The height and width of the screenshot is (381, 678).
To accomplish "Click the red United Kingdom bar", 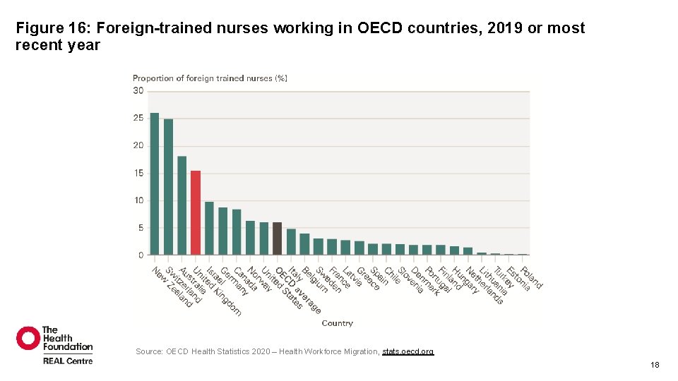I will coord(196,212).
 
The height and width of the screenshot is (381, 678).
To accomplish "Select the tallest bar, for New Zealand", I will coord(155,183).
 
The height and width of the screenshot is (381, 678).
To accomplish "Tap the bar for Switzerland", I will coord(168,187).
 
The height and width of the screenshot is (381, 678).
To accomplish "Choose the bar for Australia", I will coord(182,205).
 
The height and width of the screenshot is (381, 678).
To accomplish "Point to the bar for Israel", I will coord(209,228).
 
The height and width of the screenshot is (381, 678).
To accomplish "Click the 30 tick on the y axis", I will coord(138,91).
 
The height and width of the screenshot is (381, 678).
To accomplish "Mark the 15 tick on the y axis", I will coord(138,173).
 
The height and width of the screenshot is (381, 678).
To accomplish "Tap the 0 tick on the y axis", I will coord(141,255).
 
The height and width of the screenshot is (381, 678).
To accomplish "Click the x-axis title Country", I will coord(337,323).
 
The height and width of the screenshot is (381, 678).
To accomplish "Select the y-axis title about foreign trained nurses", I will coord(210,78).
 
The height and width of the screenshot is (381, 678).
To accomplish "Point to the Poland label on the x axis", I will coord(532,277).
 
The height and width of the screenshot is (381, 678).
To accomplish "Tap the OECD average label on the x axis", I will coord(297,290).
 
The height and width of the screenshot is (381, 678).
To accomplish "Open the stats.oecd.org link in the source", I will coord(408,351).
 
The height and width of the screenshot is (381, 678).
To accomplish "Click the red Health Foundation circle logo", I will coord(28,338).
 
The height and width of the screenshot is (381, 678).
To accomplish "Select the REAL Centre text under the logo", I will coord(68,361).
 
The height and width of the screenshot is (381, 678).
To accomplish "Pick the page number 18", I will coord(655,365).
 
